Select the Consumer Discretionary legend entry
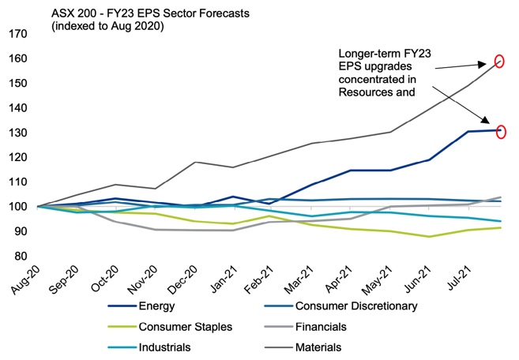355,306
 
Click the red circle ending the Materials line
498,61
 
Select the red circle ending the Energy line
499,131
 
